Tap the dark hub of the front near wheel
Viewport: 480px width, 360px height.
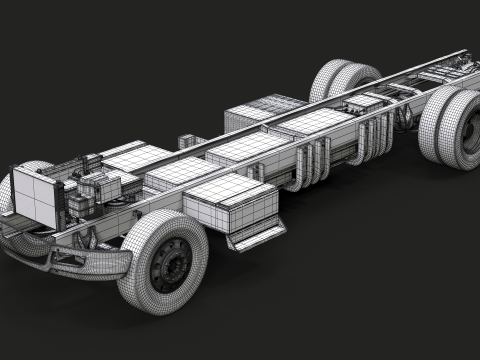(x=172, y=263)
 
